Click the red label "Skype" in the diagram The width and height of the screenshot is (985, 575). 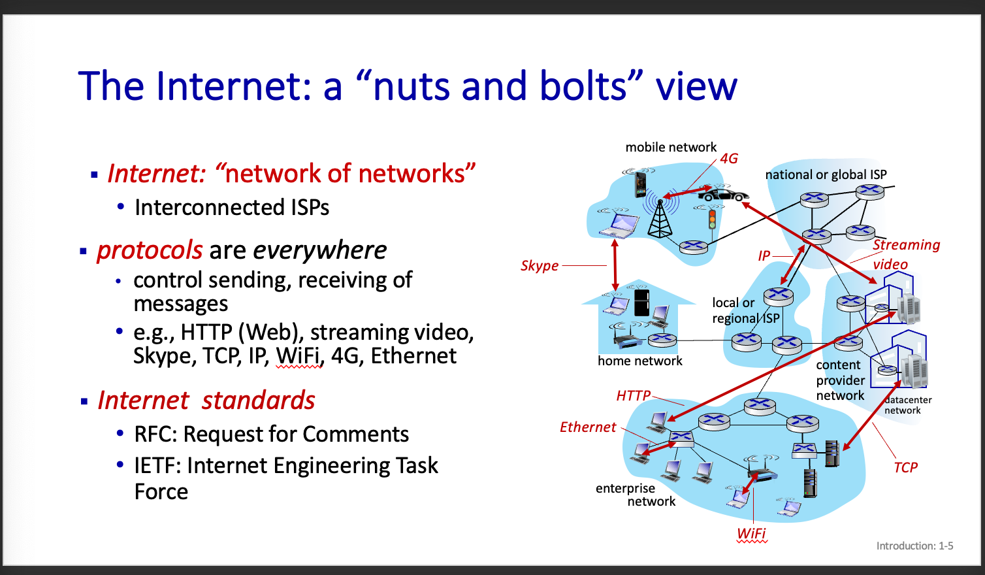(540, 266)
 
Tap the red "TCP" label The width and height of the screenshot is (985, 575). (905, 467)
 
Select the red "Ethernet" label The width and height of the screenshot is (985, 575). (588, 427)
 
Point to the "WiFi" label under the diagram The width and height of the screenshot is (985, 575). (751, 533)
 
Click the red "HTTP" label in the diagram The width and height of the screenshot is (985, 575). (633, 395)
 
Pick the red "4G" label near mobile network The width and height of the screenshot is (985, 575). (729, 159)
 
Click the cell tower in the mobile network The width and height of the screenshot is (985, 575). (660, 218)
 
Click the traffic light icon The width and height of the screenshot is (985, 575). (712, 218)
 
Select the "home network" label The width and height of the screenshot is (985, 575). (639, 361)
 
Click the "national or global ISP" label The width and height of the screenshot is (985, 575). (826, 174)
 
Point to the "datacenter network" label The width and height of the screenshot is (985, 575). (907, 405)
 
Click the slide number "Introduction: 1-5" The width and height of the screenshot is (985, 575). (914, 546)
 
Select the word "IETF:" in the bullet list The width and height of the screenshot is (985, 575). (157, 466)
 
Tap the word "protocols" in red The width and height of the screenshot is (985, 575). (150, 250)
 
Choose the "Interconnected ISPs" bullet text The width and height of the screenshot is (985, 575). (232, 208)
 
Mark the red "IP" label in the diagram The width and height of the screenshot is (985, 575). (764, 255)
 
